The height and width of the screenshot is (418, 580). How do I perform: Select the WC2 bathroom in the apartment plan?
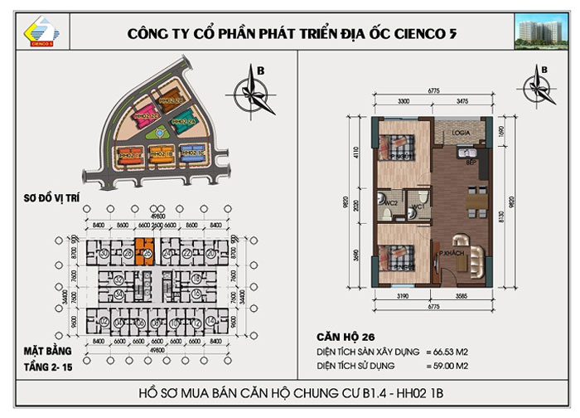click(x=385, y=204)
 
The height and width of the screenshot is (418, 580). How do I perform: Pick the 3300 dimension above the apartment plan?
click(x=402, y=100)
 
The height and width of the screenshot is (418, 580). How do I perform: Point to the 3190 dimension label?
click(x=400, y=295)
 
